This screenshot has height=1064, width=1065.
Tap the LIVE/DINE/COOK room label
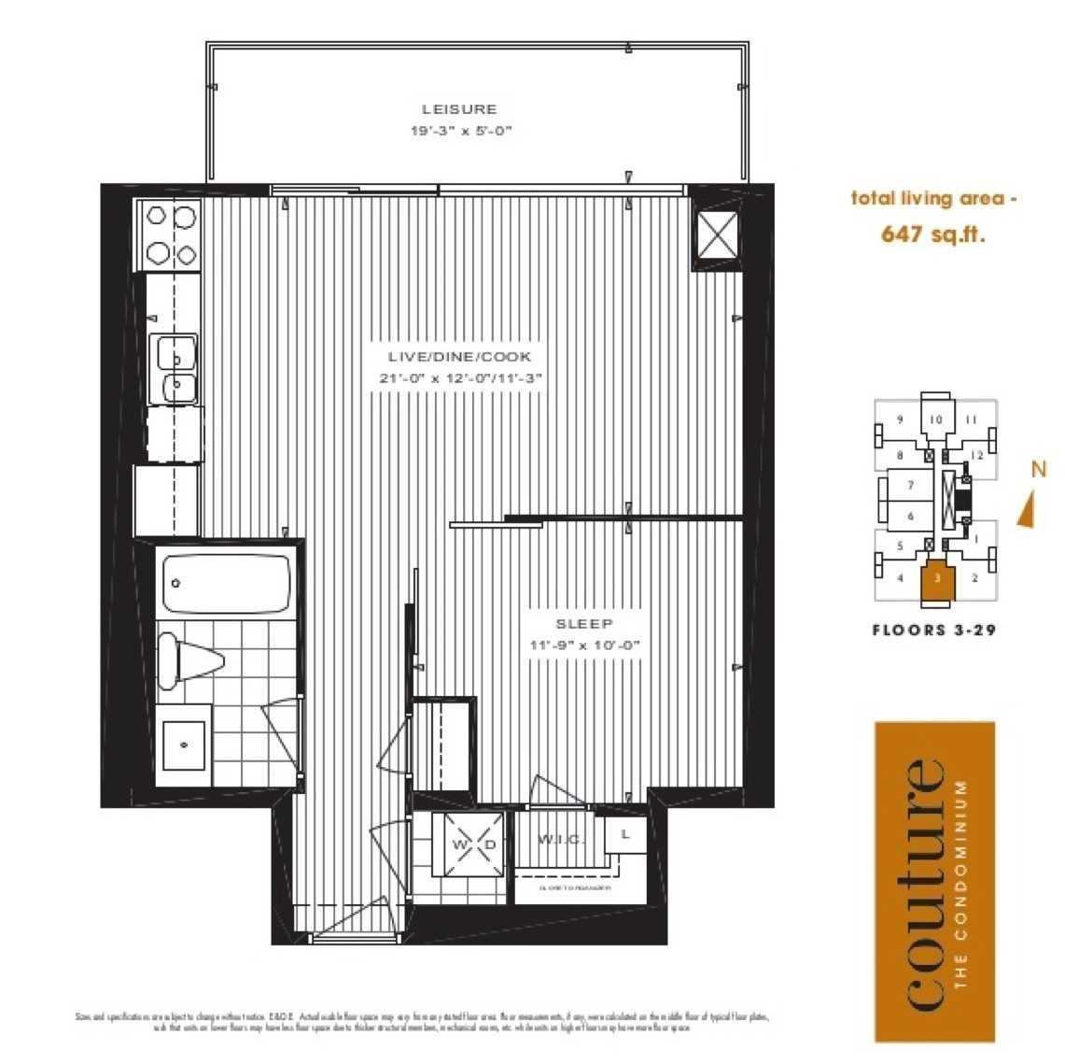pos(460,356)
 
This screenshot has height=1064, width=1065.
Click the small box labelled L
pos(624,835)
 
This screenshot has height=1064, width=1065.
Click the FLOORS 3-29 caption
pos(933,630)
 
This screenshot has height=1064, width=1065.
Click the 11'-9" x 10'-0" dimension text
pos(584,645)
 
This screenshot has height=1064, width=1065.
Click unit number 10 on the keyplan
pos(936,419)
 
